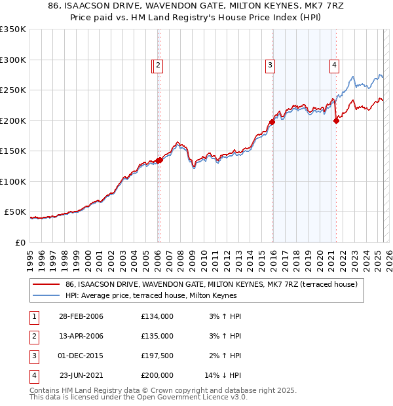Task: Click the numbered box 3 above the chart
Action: pos(270,65)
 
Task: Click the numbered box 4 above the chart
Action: pos(334,65)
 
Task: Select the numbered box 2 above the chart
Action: pos(159,65)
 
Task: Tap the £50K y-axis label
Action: pos(15,212)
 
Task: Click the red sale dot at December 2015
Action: pos(271,122)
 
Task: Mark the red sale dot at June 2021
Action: pos(336,120)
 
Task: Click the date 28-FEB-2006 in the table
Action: pos(81,316)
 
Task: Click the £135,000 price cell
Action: pos(157,336)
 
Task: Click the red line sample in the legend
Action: pos(47,284)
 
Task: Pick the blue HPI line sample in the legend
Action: pos(47,295)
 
